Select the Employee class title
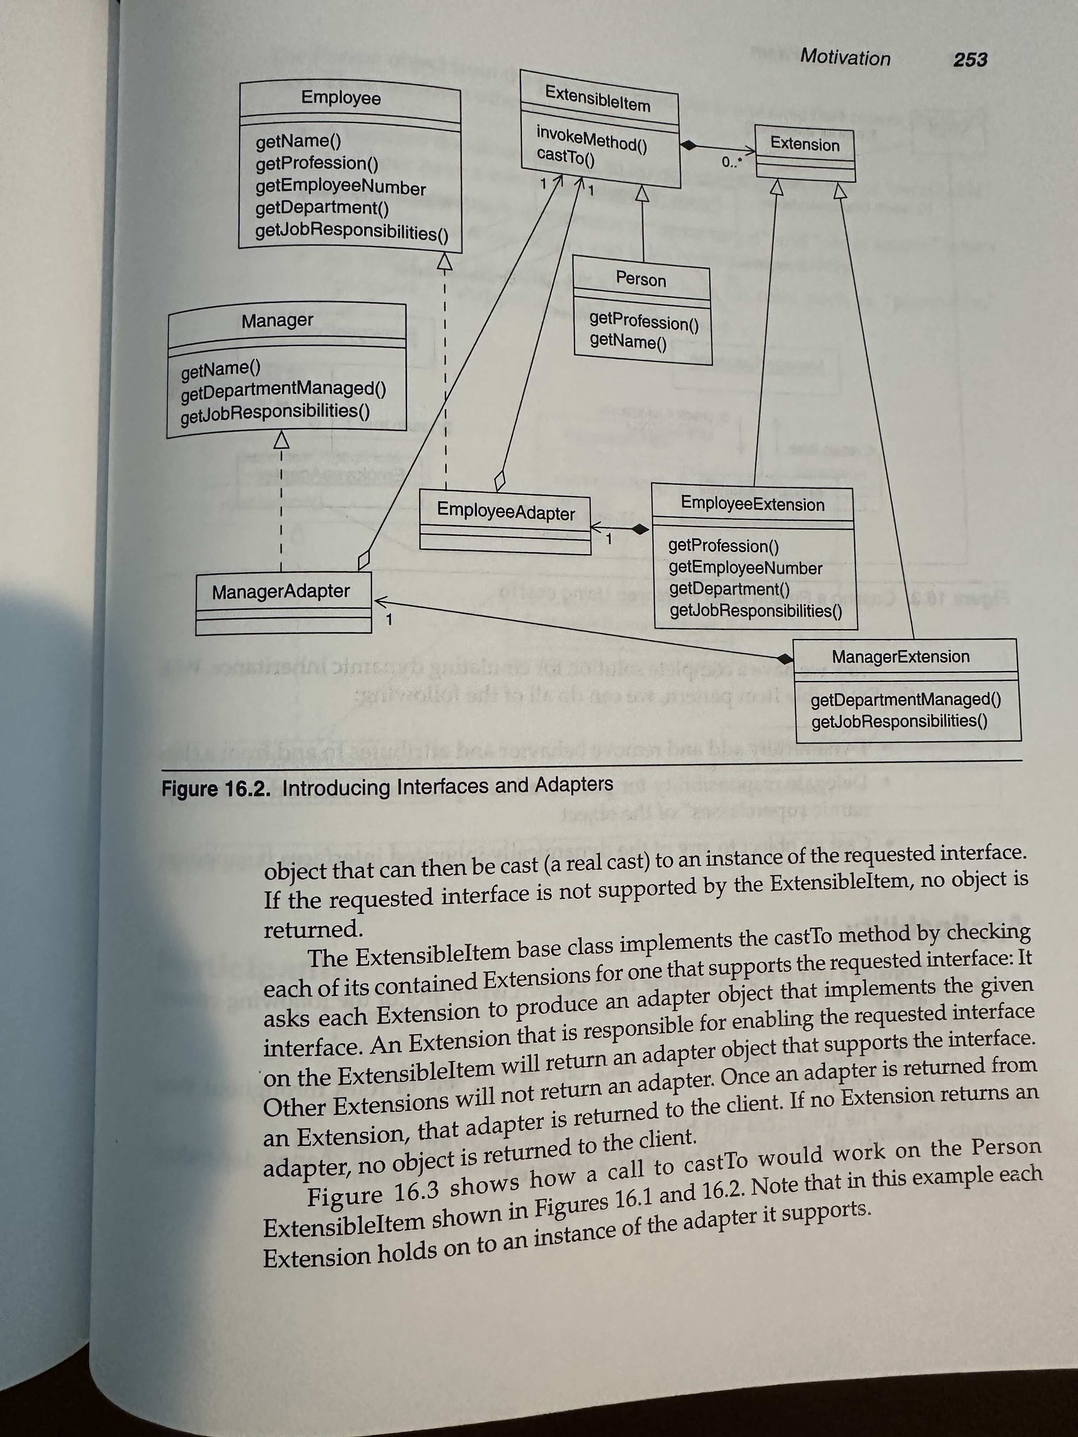[x=340, y=98]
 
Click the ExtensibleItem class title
[x=597, y=99]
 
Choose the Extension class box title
[x=805, y=144]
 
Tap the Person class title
[x=641, y=279]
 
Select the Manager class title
[x=277, y=320]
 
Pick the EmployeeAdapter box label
[x=505, y=511]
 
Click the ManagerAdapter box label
[x=281, y=591]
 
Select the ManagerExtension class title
[x=900, y=657]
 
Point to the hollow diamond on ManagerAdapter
[x=364, y=560]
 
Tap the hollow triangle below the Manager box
[x=281, y=440]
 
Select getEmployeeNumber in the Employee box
[x=340, y=187]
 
